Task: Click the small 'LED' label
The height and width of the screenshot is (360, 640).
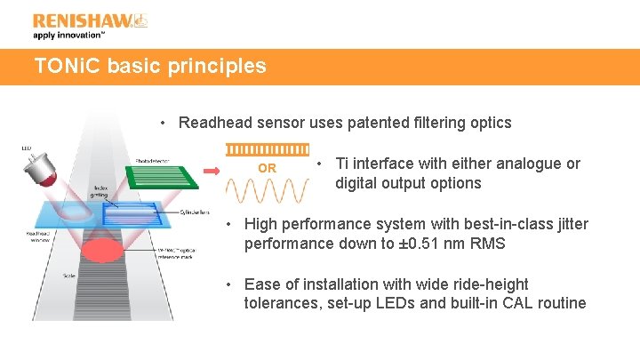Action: (x=26, y=148)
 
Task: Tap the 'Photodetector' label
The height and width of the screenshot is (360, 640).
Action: (x=153, y=161)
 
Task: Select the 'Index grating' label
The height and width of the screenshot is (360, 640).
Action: (x=100, y=192)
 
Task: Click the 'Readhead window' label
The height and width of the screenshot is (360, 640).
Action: (x=36, y=236)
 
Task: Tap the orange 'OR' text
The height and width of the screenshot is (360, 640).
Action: (x=267, y=168)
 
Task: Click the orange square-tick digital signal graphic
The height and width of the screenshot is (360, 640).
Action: (x=267, y=148)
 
